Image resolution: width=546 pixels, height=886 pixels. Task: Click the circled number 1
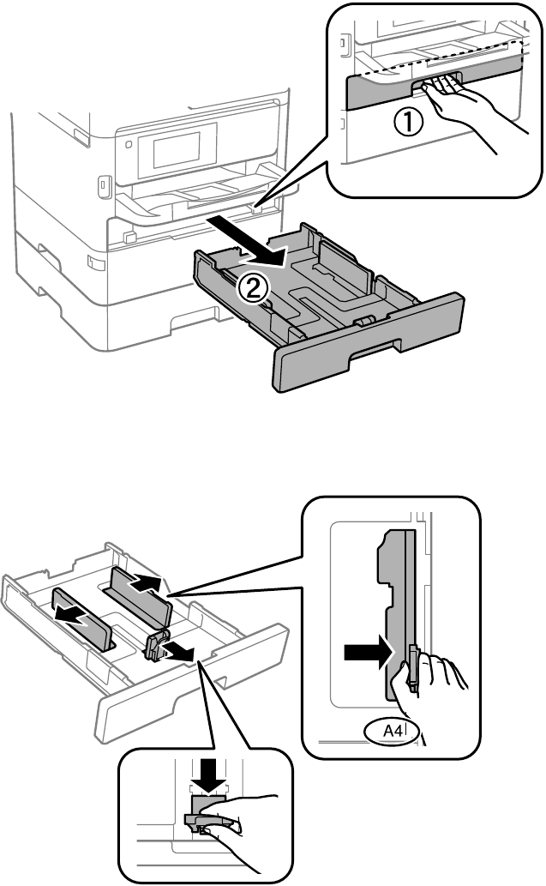pos(407,122)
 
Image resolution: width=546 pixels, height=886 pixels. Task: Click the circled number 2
pos(251,289)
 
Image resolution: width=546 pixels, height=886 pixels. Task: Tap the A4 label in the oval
pos(393,731)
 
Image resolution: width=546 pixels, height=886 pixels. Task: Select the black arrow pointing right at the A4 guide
pos(368,654)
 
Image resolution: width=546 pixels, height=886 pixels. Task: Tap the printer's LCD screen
pos(177,149)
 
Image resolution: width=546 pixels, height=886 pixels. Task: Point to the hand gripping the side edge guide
pos(429,690)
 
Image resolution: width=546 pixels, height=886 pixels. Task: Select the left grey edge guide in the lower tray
pos(83,619)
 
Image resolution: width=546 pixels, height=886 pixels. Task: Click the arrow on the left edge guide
pos(75,618)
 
